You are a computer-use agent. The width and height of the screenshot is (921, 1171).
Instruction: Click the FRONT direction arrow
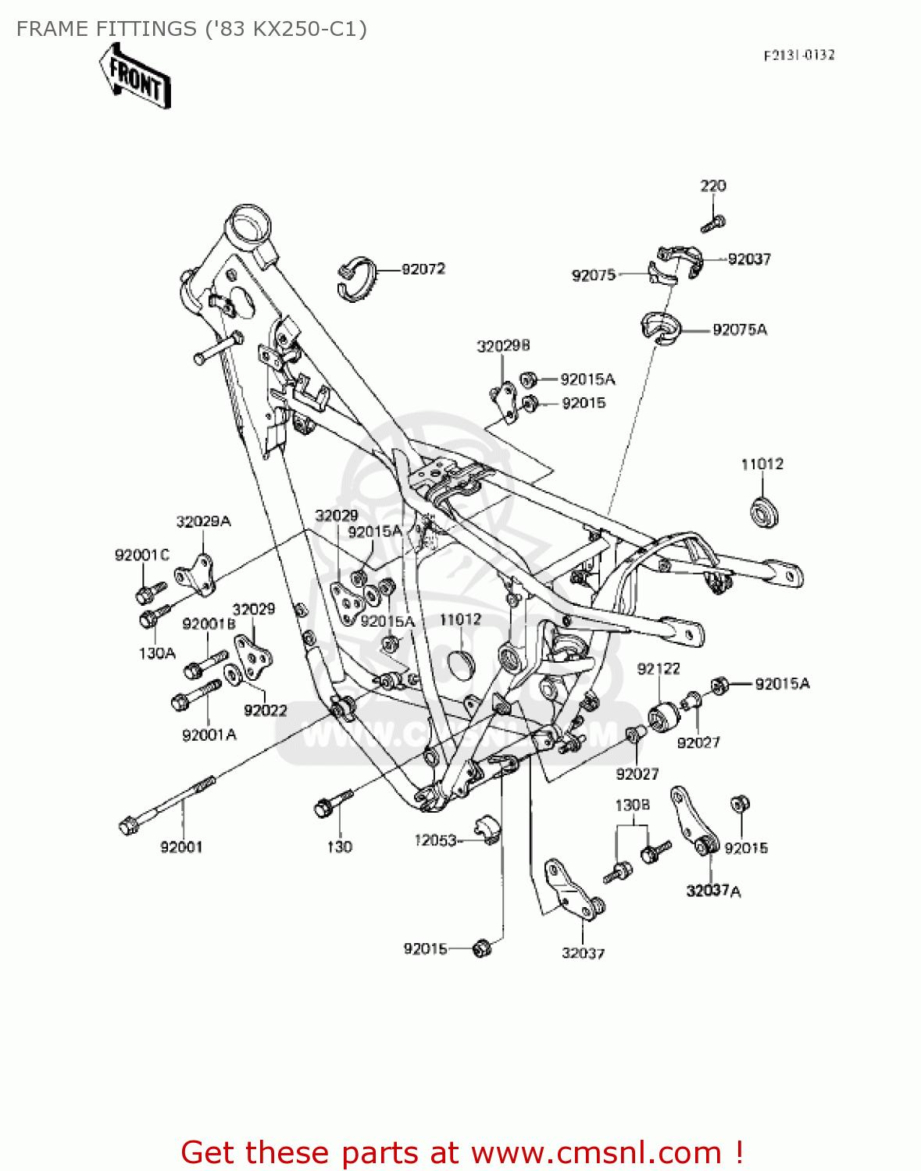coord(134,77)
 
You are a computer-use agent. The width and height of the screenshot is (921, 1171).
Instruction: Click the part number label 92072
coord(423,269)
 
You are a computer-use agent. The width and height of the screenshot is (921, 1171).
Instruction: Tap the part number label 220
coord(712,186)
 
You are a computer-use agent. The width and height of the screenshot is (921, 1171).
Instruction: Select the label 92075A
coord(739,330)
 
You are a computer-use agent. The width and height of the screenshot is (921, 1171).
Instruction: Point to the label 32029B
coord(503,346)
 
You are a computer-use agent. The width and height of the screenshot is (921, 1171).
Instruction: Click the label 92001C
coord(141,555)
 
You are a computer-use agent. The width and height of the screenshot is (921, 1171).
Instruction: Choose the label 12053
coord(435,840)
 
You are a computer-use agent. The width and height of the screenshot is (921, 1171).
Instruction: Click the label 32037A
coord(713,891)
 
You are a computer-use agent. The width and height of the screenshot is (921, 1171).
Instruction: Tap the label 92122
coord(659,669)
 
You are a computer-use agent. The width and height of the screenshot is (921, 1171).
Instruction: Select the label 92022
coord(266,710)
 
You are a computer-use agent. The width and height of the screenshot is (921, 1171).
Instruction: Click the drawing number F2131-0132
coord(798,55)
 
